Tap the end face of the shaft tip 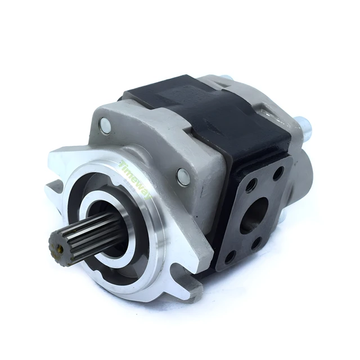point(57,246)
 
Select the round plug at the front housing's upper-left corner point(105,127)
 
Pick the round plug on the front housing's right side point(183,176)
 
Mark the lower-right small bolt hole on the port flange point(257,244)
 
